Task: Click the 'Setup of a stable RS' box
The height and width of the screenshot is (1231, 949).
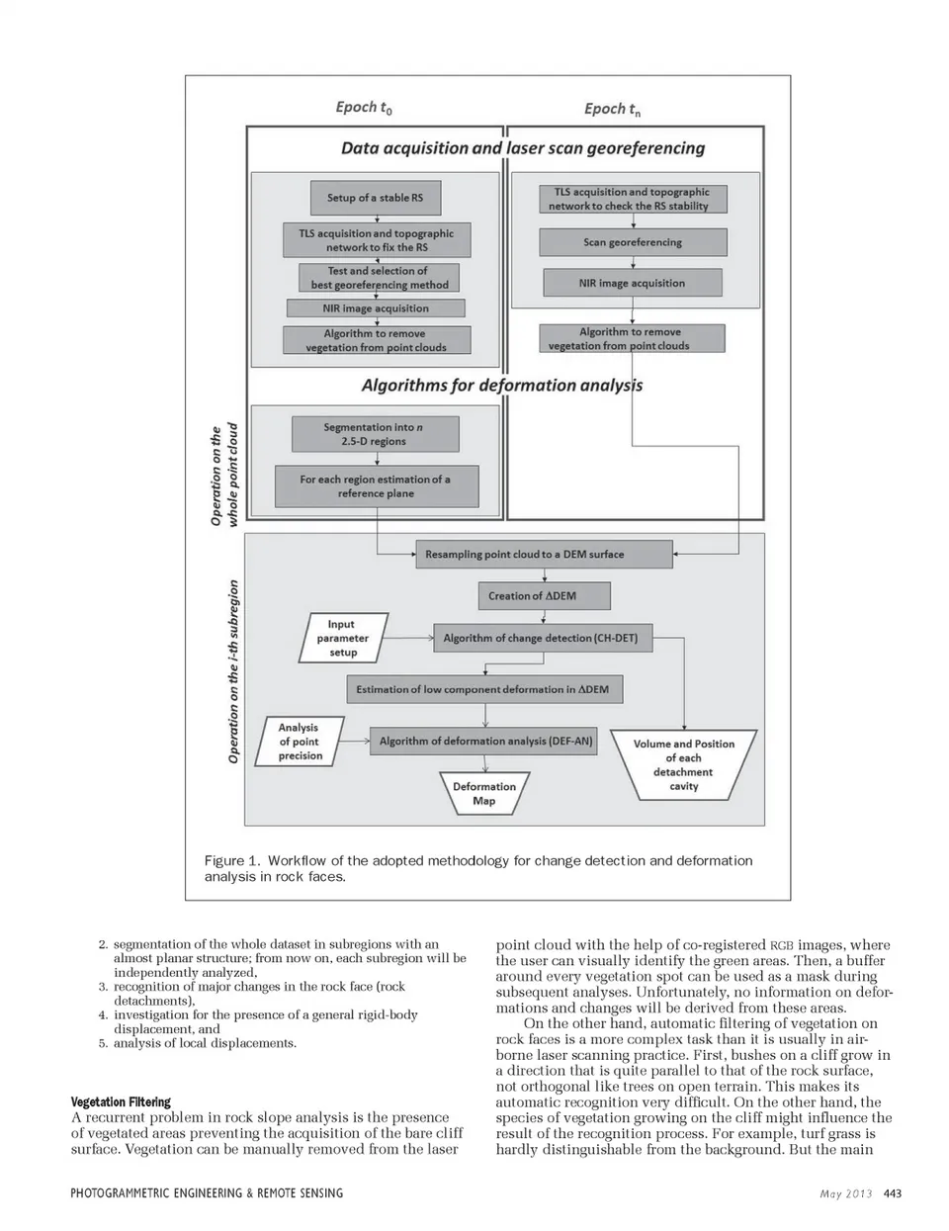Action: pos(375,198)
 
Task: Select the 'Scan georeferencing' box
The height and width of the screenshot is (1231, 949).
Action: pos(633,242)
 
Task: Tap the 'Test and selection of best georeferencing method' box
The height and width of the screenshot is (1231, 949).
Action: pos(380,277)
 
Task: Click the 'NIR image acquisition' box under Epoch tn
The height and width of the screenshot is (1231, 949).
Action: pos(632,283)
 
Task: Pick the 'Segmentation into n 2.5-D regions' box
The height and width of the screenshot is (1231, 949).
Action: pos(375,434)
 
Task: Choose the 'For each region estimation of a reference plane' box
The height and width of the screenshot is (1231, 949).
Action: pos(376,485)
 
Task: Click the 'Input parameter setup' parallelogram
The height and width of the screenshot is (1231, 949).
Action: pos(342,638)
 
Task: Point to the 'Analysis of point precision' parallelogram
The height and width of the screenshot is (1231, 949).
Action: pos(300,741)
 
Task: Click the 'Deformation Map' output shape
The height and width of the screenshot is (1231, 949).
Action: pos(484,793)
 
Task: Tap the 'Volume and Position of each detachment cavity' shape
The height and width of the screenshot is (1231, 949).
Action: pos(683,763)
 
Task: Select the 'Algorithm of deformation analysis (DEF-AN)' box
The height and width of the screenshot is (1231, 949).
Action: pos(484,741)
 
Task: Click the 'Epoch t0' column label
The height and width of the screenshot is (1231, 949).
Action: pos(364,108)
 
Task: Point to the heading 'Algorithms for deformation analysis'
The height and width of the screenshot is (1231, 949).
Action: pos(501,385)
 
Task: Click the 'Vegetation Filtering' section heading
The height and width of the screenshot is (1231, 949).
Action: pos(121,1101)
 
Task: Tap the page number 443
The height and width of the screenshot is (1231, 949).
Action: pos(892,1193)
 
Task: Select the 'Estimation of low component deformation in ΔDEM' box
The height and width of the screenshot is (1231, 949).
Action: pos(484,689)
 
